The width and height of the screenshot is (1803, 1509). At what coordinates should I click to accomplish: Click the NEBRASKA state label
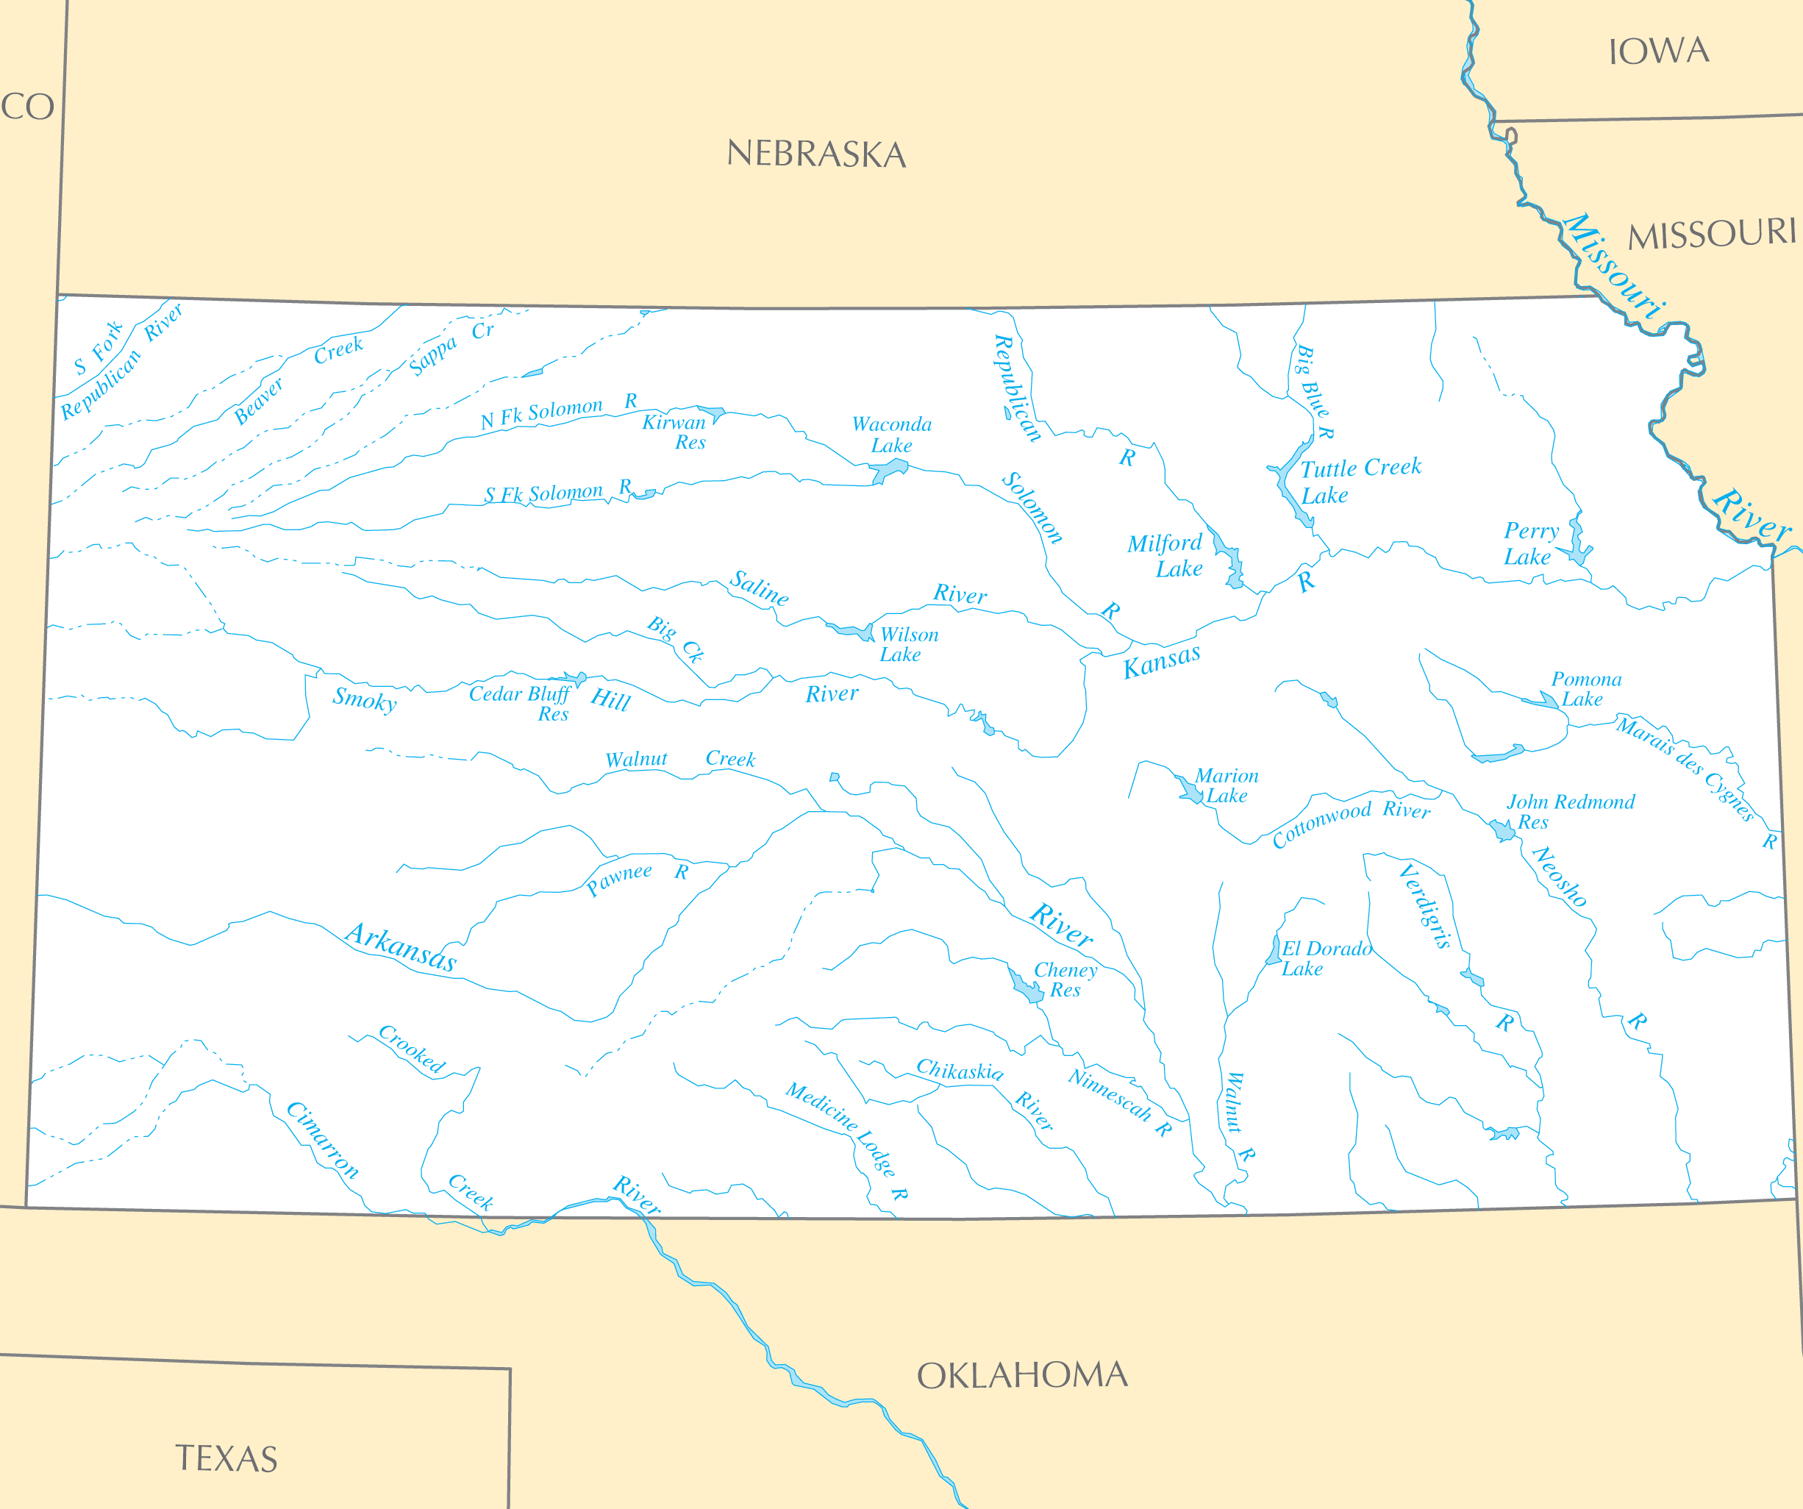(815, 154)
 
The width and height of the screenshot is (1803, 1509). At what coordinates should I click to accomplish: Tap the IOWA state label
(1658, 51)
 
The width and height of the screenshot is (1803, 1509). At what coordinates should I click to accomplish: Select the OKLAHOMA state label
(1021, 1375)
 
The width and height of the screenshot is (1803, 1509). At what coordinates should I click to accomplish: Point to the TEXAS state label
(226, 1458)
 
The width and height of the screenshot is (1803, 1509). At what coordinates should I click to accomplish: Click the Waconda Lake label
(891, 435)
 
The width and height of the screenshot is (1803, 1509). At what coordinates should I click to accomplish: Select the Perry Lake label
(1531, 543)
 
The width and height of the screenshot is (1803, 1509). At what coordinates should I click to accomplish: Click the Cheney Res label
(1065, 979)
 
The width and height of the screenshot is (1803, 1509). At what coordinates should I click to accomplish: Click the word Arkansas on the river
(401, 946)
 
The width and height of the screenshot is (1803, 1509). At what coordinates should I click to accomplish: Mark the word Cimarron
(323, 1139)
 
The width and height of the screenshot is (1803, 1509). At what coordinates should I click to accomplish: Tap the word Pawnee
(619, 880)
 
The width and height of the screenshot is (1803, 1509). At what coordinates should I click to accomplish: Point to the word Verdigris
(1424, 907)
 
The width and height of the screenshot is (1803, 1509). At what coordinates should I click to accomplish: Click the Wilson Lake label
(907, 644)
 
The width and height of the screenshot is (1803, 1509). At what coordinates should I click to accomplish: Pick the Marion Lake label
(1226, 785)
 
